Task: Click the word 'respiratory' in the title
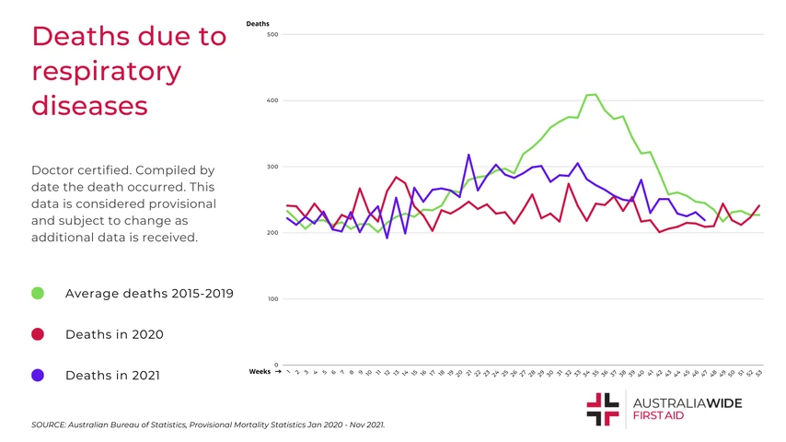[106, 71]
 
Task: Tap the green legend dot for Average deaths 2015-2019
[38, 294]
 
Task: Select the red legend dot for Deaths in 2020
[38, 334]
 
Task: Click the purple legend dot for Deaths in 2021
[38, 376]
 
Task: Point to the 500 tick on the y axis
[272, 35]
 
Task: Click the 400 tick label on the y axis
[272, 100]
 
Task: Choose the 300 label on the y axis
[272, 167]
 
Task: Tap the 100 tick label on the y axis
[272, 298]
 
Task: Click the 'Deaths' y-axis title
[258, 23]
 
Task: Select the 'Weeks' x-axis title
[260, 371]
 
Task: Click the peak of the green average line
[595, 95]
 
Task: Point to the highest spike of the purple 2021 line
[468, 155]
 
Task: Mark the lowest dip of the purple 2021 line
[387, 238]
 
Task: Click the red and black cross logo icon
[602, 409]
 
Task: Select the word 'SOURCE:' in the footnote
[49, 425]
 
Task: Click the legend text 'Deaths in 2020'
[114, 334]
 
